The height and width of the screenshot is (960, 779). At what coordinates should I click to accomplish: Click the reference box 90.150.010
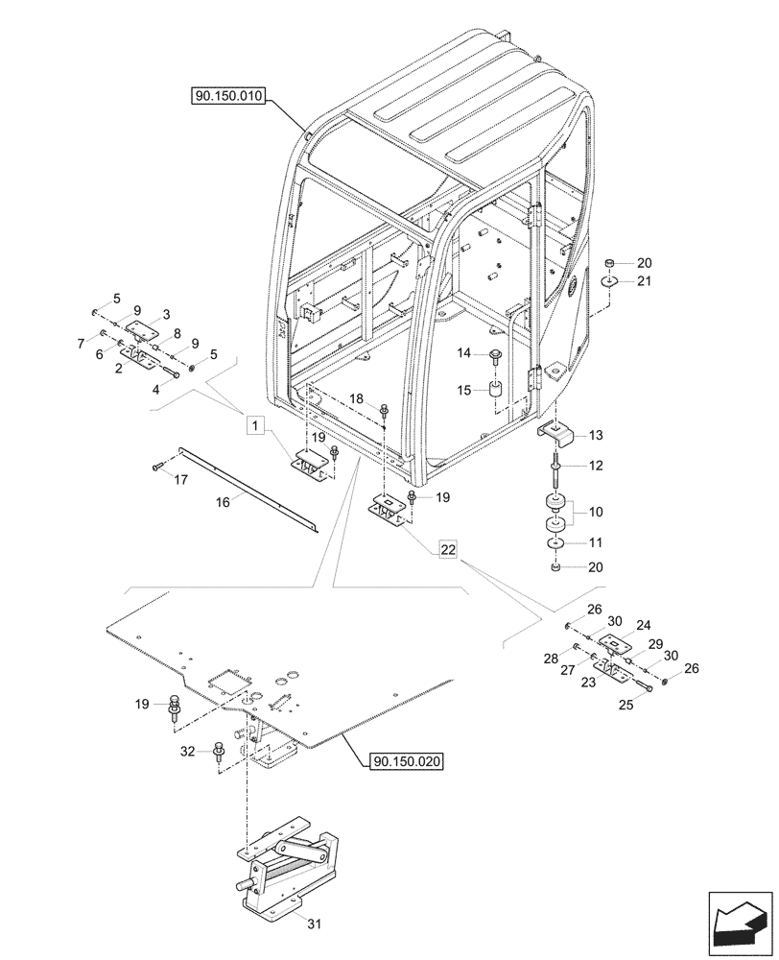click(x=229, y=95)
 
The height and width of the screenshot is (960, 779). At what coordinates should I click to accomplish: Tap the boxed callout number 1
click(x=254, y=423)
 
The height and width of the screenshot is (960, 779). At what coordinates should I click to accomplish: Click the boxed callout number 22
click(x=447, y=549)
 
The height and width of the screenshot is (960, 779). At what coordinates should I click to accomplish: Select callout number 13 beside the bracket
click(x=596, y=436)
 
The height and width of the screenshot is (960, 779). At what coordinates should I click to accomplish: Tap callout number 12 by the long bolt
click(x=596, y=466)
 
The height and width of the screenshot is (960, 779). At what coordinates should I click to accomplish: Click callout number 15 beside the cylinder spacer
click(x=463, y=391)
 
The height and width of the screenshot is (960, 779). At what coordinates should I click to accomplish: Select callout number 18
click(x=357, y=398)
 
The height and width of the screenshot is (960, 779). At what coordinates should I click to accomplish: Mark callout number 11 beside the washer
click(x=596, y=543)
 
